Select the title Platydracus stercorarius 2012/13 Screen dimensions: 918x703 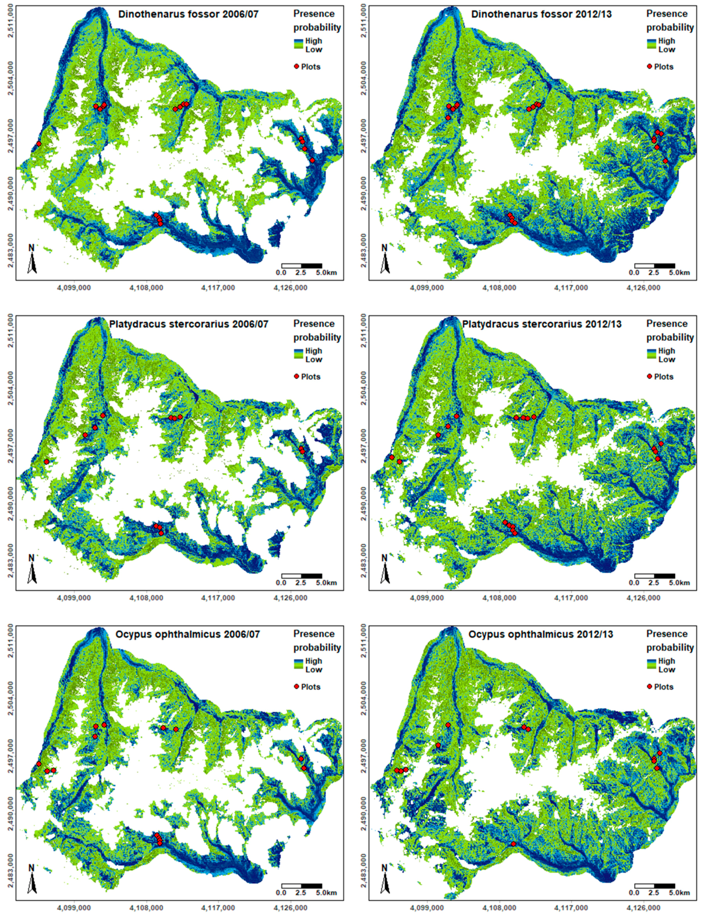(542, 324)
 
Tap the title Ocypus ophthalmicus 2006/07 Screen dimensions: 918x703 (187, 634)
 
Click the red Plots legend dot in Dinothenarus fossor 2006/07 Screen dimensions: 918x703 (297, 67)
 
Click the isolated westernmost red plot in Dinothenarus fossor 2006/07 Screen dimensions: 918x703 (39, 143)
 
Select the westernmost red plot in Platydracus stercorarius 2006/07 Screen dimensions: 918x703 (46, 462)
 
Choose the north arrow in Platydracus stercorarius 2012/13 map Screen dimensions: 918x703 (385, 569)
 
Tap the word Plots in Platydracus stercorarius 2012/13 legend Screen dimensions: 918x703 (664, 377)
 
